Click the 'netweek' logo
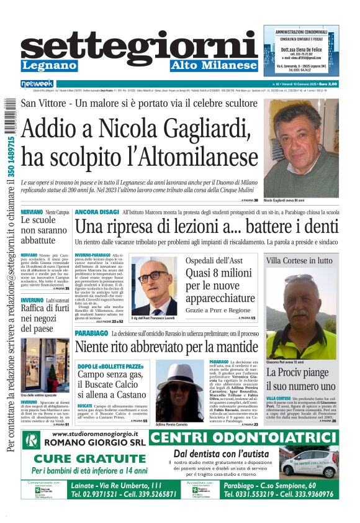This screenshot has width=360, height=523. (37, 84)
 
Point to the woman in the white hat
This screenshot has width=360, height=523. (180, 389)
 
